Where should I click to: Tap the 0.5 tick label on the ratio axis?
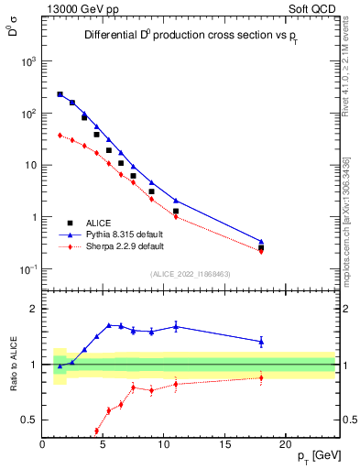tap(30, 420)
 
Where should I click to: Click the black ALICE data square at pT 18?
tap(261, 248)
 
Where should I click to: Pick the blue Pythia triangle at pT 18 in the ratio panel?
tap(261, 342)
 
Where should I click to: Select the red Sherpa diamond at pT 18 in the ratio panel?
tap(261, 377)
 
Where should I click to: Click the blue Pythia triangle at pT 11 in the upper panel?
tap(176, 201)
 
